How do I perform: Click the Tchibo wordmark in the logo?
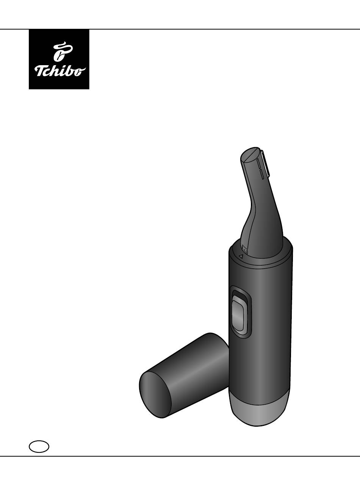click(x=60, y=72)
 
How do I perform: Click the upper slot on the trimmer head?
click(x=258, y=163)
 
